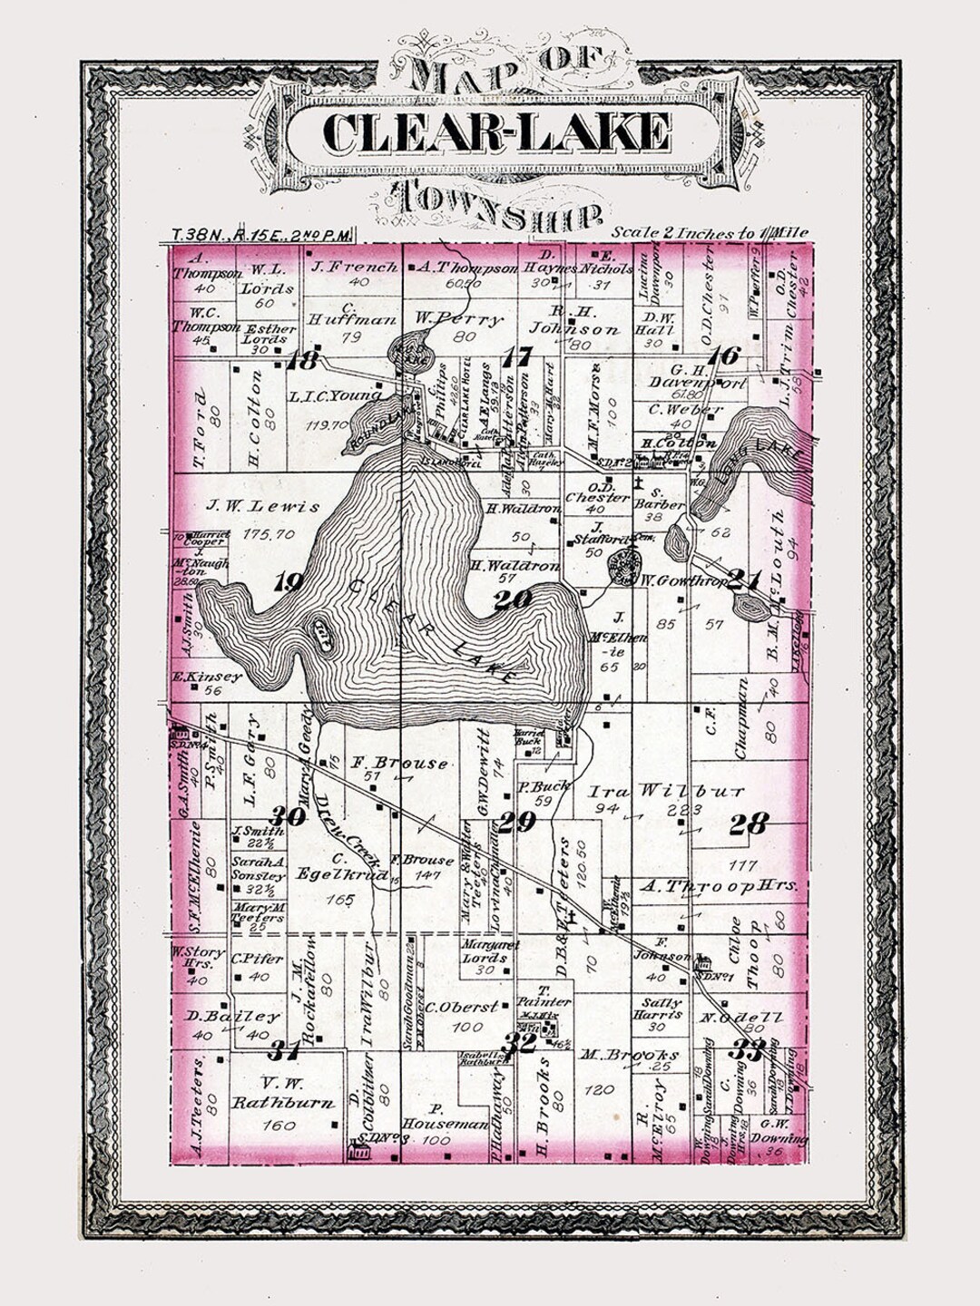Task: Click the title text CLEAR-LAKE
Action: coord(496,132)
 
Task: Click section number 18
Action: coord(302,362)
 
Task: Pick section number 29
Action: coord(519,822)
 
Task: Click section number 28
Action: coord(749,824)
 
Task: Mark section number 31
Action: coord(283,1051)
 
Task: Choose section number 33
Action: coord(749,1050)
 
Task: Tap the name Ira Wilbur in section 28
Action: coord(667,790)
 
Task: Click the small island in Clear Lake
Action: coord(320,629)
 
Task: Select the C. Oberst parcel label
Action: coord(463,1007)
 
